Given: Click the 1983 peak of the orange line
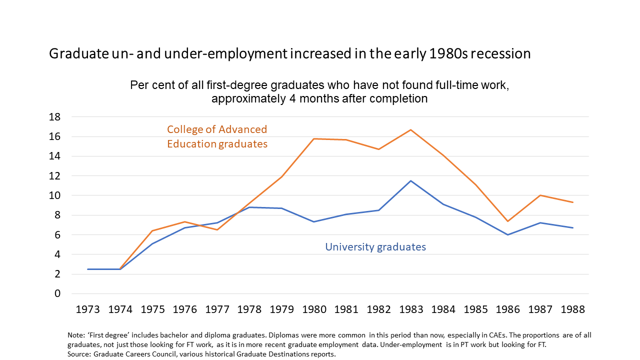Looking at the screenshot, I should [411, 130].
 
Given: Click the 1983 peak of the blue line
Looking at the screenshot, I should [411, 181].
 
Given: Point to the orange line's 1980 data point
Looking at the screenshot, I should [314, 138].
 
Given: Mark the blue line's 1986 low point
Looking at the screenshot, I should [508, 234].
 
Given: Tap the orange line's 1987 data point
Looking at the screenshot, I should [540, 195].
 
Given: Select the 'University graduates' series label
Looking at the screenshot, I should [375, 247].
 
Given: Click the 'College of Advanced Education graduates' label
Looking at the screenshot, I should [217, 136].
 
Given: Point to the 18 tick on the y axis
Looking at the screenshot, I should [54, 117].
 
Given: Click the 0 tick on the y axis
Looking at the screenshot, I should [57, 293].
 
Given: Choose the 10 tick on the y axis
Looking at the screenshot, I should [54, 195].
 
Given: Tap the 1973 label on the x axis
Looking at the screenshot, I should [87, 309].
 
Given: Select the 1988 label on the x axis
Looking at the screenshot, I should [572, 309].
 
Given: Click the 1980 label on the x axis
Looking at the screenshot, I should [314, 309].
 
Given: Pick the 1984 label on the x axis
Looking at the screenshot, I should [443, 309].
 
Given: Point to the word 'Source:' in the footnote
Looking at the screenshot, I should [78, 354].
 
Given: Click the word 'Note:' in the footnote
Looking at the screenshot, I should [75, 335].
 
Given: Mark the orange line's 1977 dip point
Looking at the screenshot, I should [217, 229].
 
